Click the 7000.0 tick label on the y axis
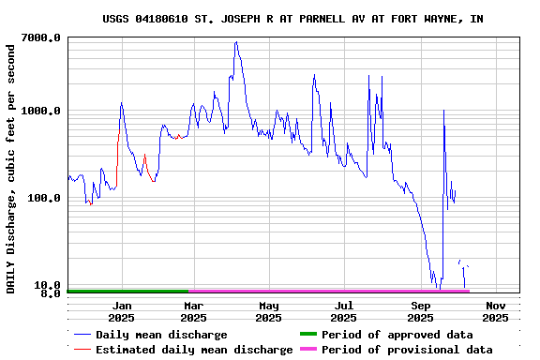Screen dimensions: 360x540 40,37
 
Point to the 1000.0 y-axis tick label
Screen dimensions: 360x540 40,111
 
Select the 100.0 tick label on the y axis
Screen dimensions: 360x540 44,198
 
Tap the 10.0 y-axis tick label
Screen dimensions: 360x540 48,285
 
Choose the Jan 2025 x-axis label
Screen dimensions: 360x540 122,311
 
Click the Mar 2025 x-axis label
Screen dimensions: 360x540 194,311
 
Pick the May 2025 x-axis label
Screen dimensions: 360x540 269,311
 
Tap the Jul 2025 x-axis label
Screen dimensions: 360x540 344,311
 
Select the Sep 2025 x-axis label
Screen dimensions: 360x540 421,311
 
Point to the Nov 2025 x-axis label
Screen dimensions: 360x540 496,311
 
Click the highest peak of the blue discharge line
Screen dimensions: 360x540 236,42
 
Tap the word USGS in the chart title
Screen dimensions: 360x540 117,19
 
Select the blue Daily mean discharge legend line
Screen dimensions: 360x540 82,335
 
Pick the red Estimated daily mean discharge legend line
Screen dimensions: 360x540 82,350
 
